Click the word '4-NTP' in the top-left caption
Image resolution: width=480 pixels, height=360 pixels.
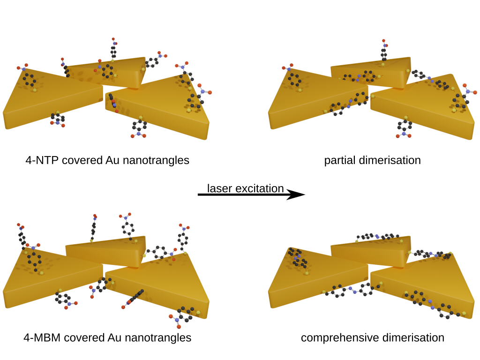(40, 160)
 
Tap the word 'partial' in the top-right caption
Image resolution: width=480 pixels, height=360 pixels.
(338, 160)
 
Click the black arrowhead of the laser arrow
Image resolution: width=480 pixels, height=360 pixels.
(295, 195)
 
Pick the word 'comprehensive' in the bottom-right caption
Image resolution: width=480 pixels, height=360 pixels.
(332, 337)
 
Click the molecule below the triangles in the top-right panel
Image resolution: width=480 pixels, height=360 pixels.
(403, 129)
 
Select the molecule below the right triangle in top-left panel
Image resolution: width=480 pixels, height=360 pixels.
(139, 129)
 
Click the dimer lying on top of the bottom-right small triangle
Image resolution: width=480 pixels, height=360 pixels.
(377, 238)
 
